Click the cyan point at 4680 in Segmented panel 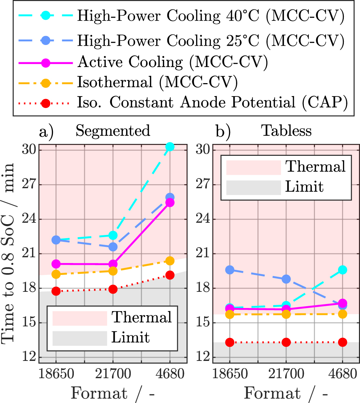[x=170, y=146]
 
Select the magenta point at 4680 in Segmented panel [x=170, y=203]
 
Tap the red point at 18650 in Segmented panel [x=56, y=291]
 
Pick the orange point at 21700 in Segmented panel [x=113, y=271]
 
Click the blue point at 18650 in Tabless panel [x=230, y=270]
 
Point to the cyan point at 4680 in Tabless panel [x=342, y=270]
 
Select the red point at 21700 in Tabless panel [x=286, y=342]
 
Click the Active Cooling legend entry [x=172, y=62]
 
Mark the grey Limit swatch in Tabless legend [x=253, y=187]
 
